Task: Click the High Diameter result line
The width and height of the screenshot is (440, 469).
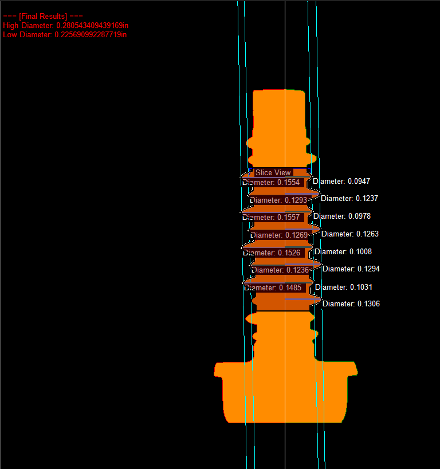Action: tap(64, 26)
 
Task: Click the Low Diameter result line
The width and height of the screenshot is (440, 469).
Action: tap(64, 35)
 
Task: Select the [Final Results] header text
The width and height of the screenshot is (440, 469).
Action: tap(39, 17)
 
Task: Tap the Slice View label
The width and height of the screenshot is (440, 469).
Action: tap(273, 172)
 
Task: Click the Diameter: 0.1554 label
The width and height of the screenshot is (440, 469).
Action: tap(272, 182)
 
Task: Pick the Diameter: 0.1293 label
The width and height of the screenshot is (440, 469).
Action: tap(278, 200)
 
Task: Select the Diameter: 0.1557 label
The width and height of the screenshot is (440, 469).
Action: tap(272, 218)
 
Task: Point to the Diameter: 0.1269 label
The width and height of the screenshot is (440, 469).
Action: tap(278, 235)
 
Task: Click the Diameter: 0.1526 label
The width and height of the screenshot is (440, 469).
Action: tap(272, 253)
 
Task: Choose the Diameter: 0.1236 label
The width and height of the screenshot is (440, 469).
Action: tap(280, 270)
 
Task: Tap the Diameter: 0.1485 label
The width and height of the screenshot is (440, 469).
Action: tap(272, 287)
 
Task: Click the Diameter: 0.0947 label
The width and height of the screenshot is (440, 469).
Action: tap(341, 181)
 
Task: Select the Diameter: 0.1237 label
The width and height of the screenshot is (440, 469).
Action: tap(349, 198)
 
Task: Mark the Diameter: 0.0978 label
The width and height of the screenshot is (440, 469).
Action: tap(342, 216)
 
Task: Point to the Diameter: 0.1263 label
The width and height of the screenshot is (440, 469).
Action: tap(350, 234)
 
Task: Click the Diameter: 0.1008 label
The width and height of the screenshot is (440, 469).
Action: tap(343, 251)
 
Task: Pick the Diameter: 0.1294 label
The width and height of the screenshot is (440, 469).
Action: tap(351, 269)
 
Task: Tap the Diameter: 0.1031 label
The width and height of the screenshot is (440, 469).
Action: tap(344, 287)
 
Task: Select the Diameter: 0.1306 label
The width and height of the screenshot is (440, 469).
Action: tap(351, 304)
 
